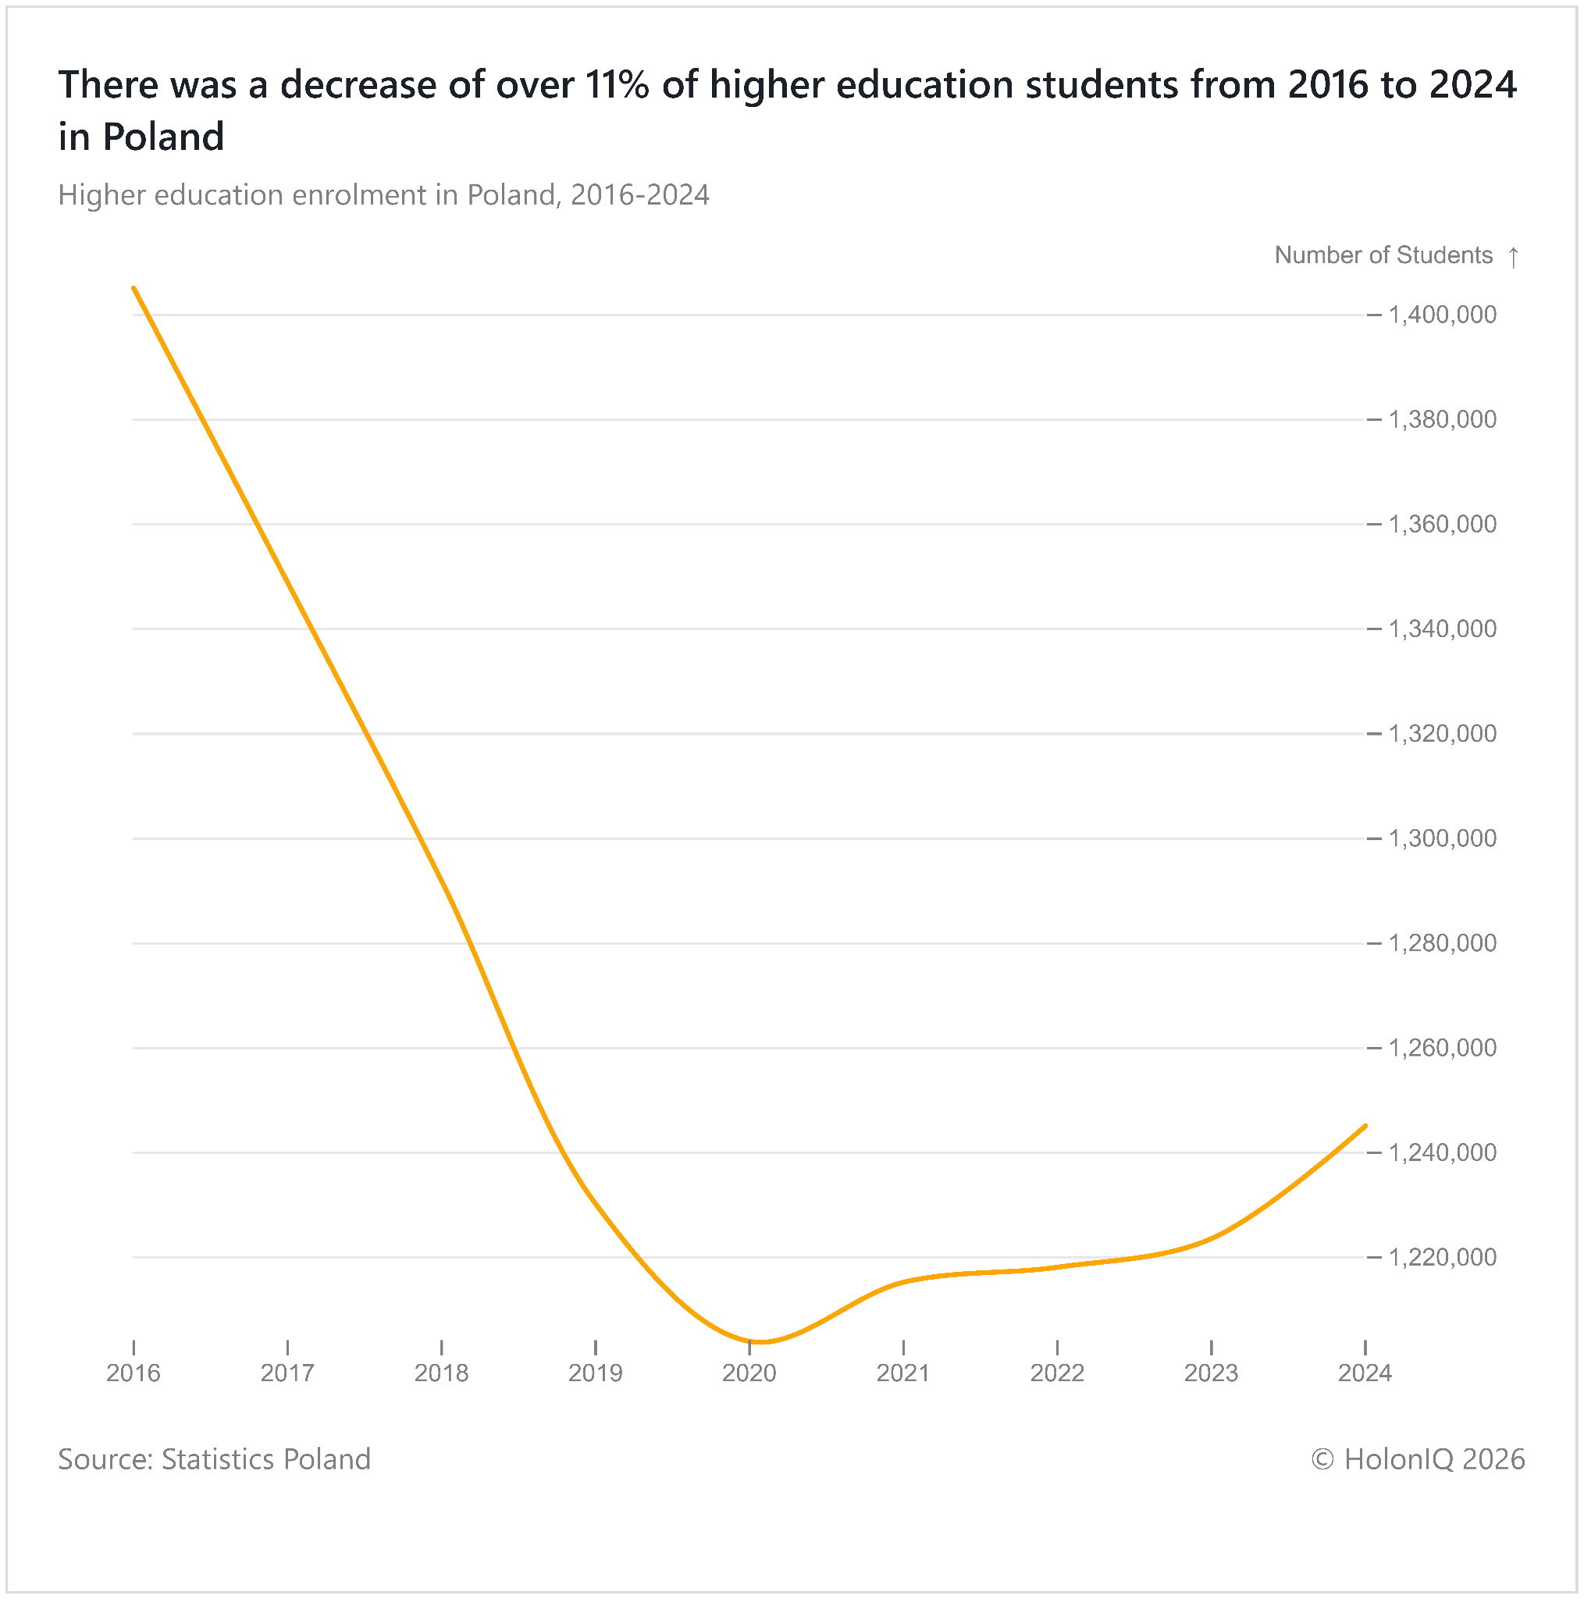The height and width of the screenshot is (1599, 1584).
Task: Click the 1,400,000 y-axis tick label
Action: [x=1443, y=315]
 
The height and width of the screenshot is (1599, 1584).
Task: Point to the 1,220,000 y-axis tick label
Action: [x=1443, y=1257]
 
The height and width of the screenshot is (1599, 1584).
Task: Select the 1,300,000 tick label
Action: [x=1443, y=839]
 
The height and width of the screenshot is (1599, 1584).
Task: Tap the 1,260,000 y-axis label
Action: [x=1443, y=1048]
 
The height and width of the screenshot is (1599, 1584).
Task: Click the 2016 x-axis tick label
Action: [x=133, y=1373]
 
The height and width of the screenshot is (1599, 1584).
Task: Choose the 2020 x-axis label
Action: [x=749, y=1373]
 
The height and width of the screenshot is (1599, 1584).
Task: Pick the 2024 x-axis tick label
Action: [x=1365, y=1373]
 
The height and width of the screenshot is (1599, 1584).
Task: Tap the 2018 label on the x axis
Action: [x=441, y=1373]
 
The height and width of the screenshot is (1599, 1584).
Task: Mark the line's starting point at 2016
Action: [x=133, y=287]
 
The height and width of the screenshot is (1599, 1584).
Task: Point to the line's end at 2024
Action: [x=1365, y=1126]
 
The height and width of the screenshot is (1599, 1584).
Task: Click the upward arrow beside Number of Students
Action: [x=1513, y=257]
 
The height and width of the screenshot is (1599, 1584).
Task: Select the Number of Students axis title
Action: [x=1383, y=255]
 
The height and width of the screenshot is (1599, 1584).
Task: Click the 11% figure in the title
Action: [x=617, y=84]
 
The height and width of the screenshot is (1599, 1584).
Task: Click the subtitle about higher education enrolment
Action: [x=383, y=195]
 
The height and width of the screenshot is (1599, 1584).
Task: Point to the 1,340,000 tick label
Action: [x=1443, y=629]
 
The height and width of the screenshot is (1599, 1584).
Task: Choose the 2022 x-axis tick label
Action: [x=1057, y=1373]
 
